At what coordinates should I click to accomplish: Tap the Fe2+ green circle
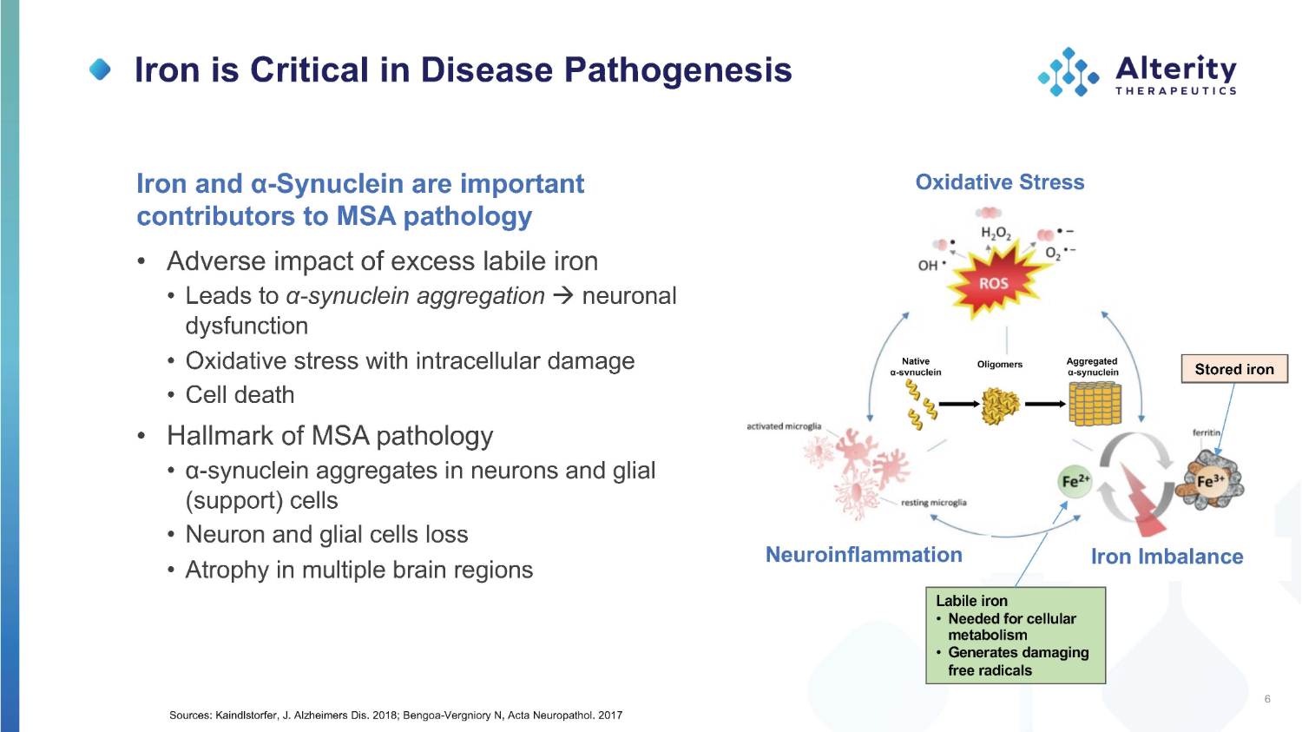click(1075, 481)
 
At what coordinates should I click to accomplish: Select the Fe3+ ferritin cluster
click(1211, 480)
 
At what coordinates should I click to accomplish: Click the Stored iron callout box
click(1234, 369)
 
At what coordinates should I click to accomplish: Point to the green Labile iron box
click(1016, 635)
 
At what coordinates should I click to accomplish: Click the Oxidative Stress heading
click(1000, 182)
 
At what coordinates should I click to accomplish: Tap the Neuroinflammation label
click(864, 555)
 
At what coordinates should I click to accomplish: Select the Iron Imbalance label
click(1167, 557)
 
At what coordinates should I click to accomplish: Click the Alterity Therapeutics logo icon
click(1068, 72)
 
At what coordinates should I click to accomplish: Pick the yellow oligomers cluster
click(1000, 406)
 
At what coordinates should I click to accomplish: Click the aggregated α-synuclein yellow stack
click(1095, 404)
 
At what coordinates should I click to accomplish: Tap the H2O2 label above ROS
click(996, 234)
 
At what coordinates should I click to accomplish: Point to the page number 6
click(1267, 699)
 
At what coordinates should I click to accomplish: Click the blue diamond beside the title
click(101, 69)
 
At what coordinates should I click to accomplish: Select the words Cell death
click(240, 395)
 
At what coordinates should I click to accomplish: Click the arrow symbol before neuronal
click(563, 296)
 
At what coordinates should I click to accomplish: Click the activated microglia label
click(784, 426)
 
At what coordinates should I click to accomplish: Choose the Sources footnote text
click(396, 716)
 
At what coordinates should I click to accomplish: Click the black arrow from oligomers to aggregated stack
click(1045, 404)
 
